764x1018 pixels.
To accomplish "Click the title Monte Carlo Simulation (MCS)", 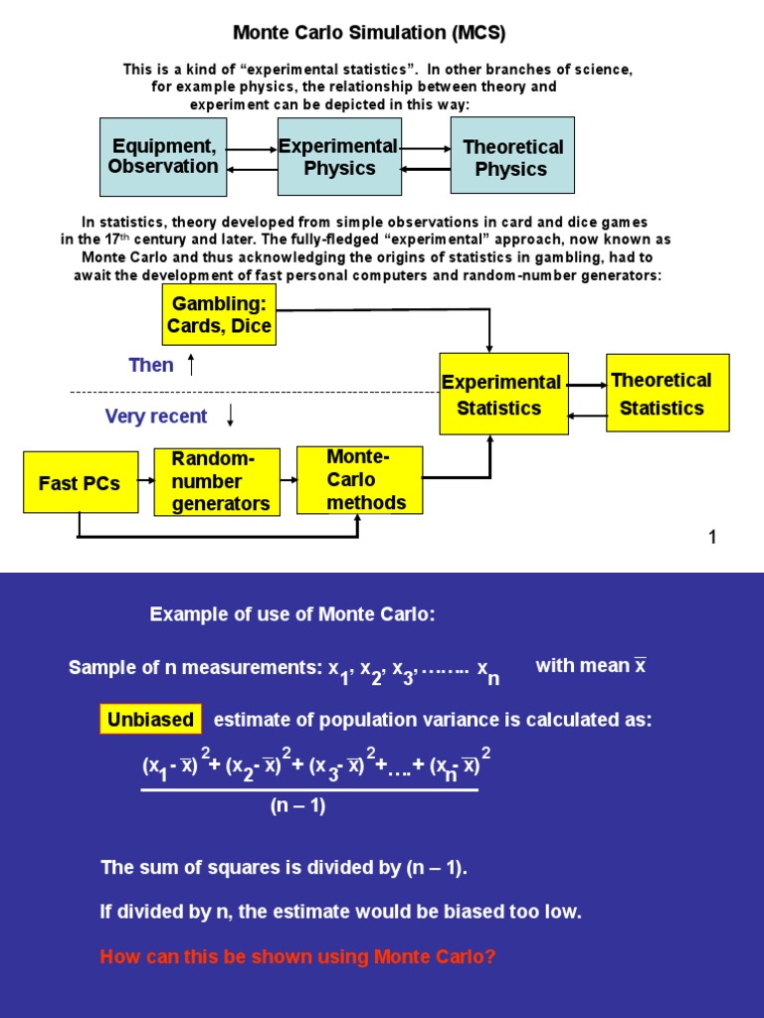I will pos(369,33).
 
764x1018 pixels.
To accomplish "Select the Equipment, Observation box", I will pos(163,156).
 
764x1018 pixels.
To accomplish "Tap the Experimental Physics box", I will pos(339,156).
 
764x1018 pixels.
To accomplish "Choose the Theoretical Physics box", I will pos(511,156).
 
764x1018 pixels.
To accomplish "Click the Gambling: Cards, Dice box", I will pos(219,314).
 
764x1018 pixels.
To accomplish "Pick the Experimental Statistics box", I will pos(503,394).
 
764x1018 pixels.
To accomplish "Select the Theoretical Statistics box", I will pos(667,393).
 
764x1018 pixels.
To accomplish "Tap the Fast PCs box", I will pos(80,483).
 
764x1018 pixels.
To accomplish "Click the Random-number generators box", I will pos(217,482).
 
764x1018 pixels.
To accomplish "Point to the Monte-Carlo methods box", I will pos(359,480).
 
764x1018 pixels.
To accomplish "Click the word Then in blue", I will pos(151,365).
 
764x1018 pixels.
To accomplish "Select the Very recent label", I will pos(156,417).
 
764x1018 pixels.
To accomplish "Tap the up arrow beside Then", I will pos(191,365).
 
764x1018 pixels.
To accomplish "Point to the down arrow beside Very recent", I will pos(231,417).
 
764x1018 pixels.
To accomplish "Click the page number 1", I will pos(712,538).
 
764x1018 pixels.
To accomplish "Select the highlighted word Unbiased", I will pos(150,720).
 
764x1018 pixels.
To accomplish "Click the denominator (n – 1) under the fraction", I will pos(297,806).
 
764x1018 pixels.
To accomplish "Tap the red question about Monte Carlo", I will pos(297,957).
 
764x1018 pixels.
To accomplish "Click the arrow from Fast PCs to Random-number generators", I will pos(146,481).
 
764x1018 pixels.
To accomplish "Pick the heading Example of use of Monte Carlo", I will pos(292,614).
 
